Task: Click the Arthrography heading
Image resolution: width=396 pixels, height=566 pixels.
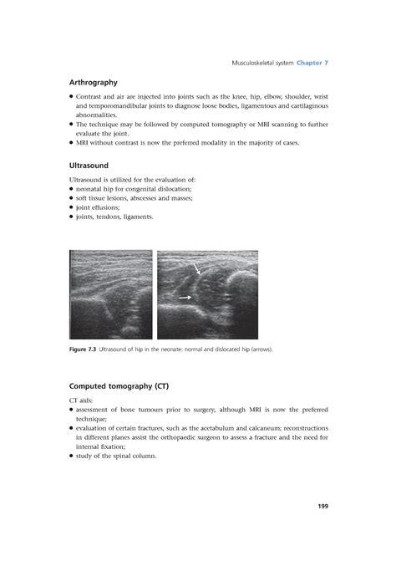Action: (93, 83)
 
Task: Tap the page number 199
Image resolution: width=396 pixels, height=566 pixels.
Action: (322, 506)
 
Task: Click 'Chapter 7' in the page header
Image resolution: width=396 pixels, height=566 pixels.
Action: (309, 63)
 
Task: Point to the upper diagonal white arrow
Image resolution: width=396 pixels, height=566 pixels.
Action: (197, 269)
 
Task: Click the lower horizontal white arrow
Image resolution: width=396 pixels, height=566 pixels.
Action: (185, 298)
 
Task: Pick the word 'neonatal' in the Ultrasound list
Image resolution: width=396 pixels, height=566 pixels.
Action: (92, 189)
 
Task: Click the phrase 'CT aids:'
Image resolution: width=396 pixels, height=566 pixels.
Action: (83, 400)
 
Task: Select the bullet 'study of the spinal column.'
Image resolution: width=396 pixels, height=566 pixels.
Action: (115, 456)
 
